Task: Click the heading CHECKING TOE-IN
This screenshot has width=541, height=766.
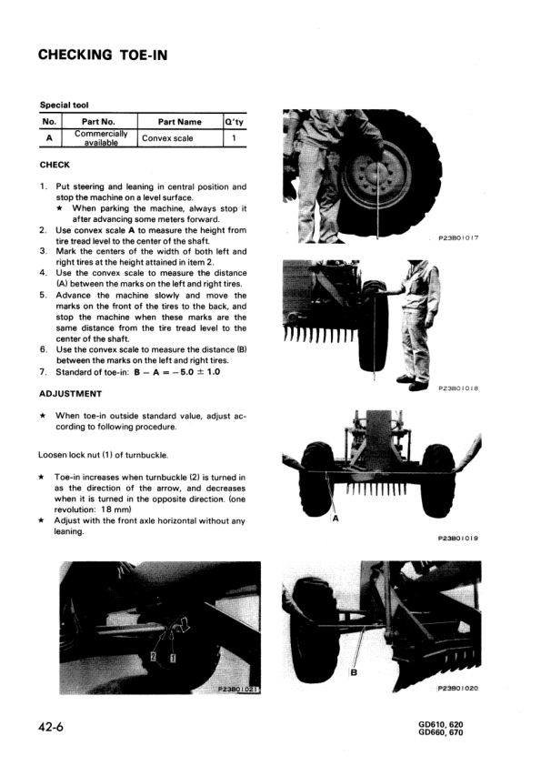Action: click(x=103, y=55)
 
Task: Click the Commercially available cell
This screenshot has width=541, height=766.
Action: click(x=100, y=138)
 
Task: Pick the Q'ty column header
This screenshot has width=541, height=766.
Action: click(x=234, y=121)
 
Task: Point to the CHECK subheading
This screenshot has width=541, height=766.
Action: click(x=55, y=165)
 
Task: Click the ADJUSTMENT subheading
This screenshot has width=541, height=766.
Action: click(x=70, y=394)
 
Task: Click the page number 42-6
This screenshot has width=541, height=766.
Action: click(x=56, y=728)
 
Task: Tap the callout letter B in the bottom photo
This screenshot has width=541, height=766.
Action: click(x=354, y=674)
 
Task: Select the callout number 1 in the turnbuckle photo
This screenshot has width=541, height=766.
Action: click(x=173, y=655)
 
